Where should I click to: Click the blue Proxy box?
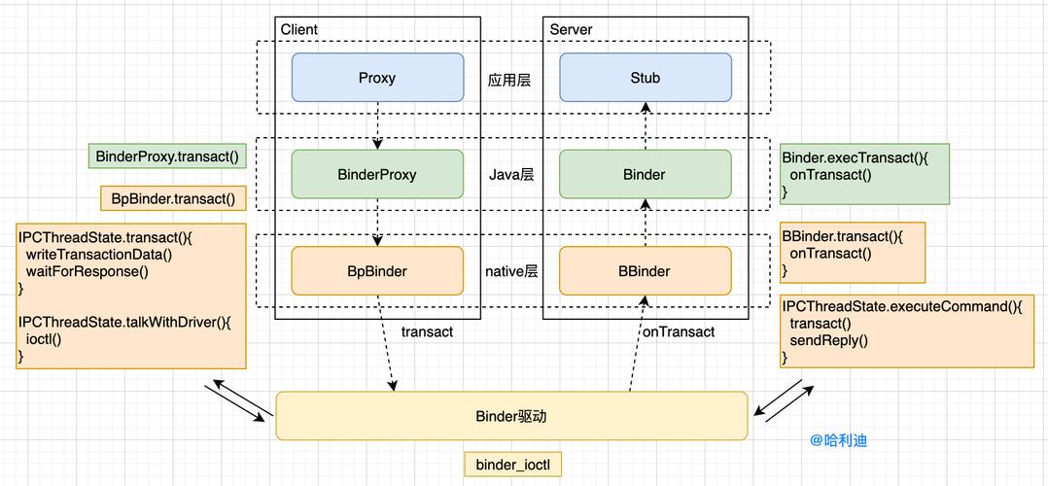pos(377,78)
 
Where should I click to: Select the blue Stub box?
pos(645,78)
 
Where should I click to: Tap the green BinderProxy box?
pos(377,175)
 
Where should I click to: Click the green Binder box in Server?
pos(645,175)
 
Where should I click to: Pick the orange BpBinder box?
pos(377,271)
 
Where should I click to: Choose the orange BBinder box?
pos(645,271)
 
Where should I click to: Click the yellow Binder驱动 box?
pos(511,415)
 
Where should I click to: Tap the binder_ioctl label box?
pos(512,465)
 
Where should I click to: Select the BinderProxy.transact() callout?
pos(167,156)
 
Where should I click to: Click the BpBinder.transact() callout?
pos(173,198)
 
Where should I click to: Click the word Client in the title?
pos(299,29)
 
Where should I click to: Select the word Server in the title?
pos(571,29)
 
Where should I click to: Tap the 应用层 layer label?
pos(509,80)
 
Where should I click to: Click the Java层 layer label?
pos(511,175)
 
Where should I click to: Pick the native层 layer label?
pos(511,271)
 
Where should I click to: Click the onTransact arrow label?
pos(679,331)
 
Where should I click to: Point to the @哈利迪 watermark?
pos(838,439)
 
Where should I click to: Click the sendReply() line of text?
pos(828,340)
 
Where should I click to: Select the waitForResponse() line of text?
pos(87,271)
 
